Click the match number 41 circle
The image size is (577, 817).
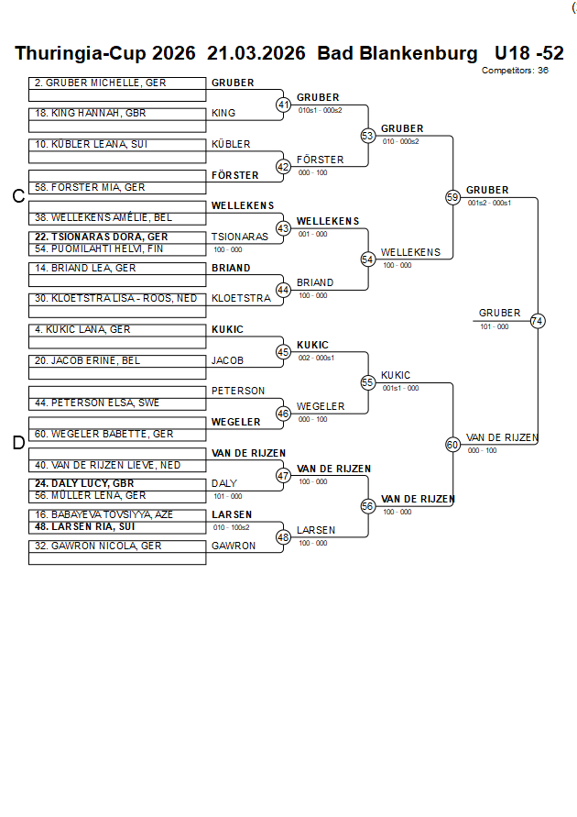(x=283, y=105)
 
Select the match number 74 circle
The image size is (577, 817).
(x=538, y=321)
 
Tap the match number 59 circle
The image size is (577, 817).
(x=452, y=197)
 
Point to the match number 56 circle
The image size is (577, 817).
(x=368, y=506)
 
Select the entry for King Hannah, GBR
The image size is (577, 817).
(x=91, y=114)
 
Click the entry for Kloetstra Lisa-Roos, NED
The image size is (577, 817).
(x=116, y=298)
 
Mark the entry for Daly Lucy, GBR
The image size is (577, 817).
(x=84, y=483)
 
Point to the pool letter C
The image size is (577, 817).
(x=17, y=196)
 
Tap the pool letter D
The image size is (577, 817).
(x=17, y=443)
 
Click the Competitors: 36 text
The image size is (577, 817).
(x=515, y=70)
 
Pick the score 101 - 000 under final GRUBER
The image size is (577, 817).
(x=494, y=326)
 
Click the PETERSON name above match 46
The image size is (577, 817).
(x=238, y=391)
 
